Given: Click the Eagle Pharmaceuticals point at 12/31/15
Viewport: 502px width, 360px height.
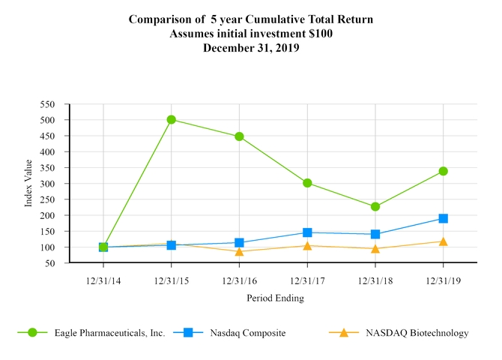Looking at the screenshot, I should click(x=172, y=119).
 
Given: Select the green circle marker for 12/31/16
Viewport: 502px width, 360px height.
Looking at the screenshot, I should click(x=239, y=136).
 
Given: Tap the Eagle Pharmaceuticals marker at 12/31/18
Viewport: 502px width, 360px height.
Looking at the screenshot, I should click(x=375, y=206).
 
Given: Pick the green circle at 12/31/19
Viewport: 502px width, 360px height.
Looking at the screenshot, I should click(x=443, y=171).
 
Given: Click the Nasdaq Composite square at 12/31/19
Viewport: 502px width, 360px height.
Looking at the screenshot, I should click(x=443, y=218).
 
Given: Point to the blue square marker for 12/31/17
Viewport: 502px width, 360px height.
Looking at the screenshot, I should click(x=307, y=232).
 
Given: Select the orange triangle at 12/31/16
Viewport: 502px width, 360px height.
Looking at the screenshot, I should click(x=239, y=251).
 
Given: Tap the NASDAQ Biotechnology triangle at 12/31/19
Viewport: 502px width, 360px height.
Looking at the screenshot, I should click(x=443, y=241).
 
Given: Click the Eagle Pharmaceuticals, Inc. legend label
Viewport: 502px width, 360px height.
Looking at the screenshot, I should click(x=109, y=332).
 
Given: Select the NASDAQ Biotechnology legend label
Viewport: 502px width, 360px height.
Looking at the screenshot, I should click(x=417, y=332).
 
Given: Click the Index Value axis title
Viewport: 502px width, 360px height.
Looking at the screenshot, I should click(x=28, y=184).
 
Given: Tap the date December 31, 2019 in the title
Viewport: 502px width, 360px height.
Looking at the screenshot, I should click(x=251, y=48).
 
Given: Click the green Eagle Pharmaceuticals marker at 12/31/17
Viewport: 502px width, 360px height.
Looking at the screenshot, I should click(x=307, y=183).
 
